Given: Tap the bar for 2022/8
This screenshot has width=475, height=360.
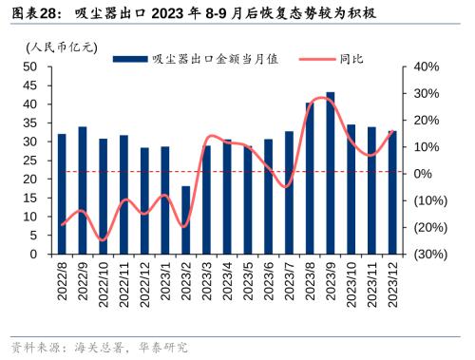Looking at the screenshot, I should tap(62, 194).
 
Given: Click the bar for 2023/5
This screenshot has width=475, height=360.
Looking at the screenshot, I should tap(248, 199).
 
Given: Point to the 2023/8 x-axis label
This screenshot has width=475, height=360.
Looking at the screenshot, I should tap(311, 279).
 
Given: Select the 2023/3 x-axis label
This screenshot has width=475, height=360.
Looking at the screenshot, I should tap(207, 279).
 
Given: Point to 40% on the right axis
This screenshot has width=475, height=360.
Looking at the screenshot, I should tap(425, 66).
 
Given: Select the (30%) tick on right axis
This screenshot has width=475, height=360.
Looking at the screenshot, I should tap(425, 255).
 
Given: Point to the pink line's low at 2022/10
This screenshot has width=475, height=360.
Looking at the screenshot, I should tap(103, 239).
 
